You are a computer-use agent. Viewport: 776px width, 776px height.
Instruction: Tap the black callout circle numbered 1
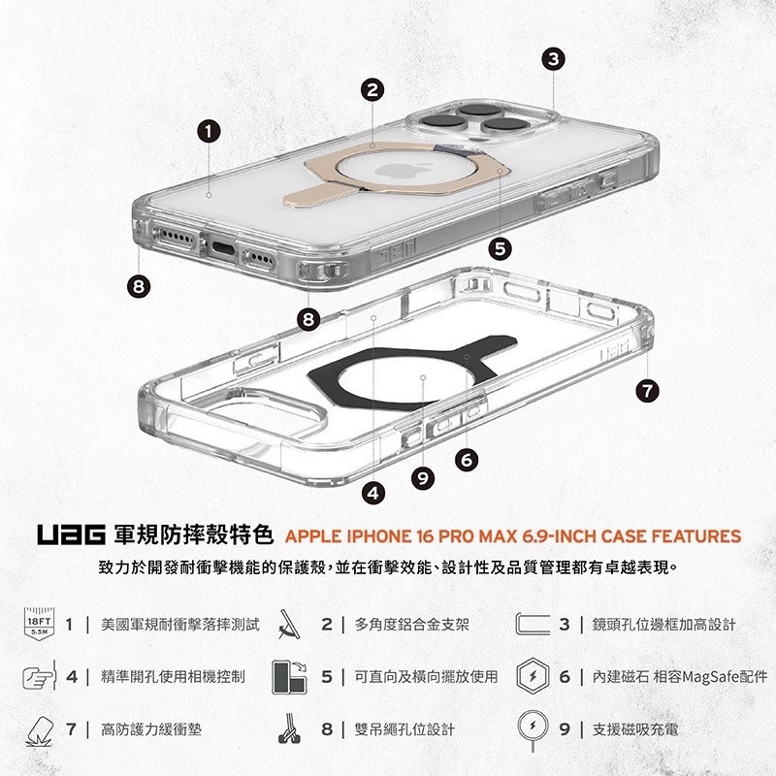coord(210,131)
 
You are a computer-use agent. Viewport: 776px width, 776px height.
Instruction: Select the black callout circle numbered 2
coord(372,91)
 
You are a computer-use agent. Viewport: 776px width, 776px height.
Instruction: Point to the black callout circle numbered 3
coord(552,58)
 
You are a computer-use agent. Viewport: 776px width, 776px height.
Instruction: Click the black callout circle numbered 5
coord(500,249)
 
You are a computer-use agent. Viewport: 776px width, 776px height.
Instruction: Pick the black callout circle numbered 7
coord(647,391)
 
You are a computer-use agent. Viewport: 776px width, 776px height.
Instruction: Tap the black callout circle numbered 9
coord(421,476)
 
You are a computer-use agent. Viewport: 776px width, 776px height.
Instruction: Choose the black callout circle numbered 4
coord(372,493)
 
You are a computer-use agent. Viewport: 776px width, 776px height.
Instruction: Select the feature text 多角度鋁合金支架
coord(412,624)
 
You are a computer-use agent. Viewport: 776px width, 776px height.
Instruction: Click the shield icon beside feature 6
coord(534,675)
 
